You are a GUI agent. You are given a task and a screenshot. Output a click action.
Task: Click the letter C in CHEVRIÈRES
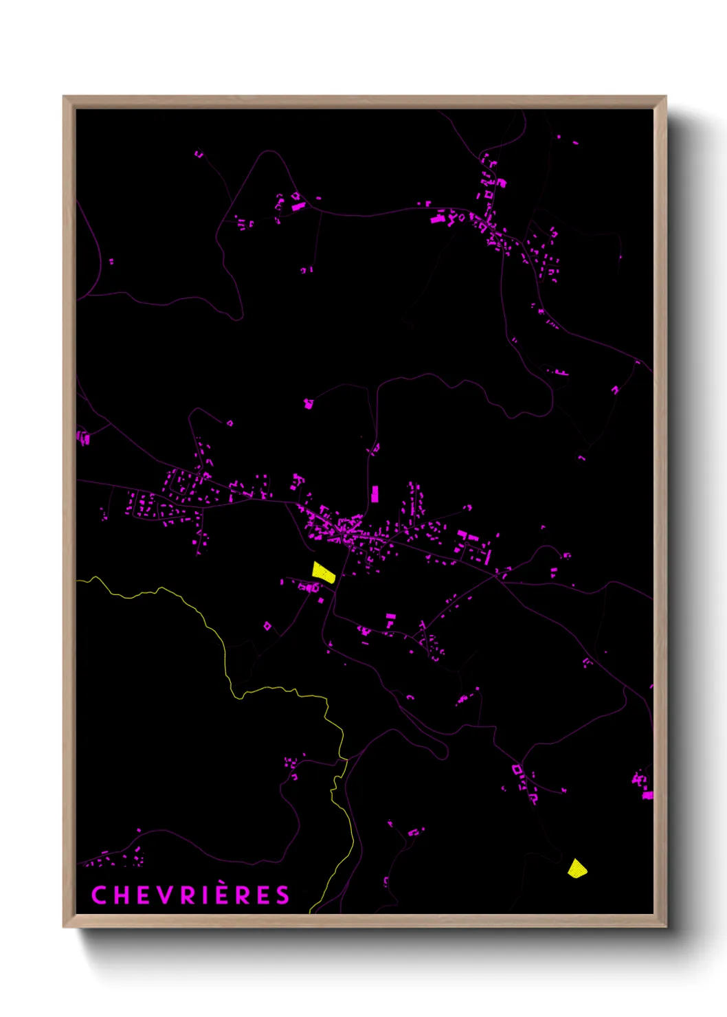[99, 895]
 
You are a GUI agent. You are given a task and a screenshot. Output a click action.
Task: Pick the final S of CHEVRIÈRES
[282, 895]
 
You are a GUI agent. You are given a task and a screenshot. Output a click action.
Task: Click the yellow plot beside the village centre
[323, 572]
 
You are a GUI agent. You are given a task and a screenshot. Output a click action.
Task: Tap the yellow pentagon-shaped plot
[577, 869]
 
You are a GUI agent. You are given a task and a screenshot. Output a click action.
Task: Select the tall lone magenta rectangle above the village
[374, 494]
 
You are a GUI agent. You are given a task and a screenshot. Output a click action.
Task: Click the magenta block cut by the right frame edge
[648, 795]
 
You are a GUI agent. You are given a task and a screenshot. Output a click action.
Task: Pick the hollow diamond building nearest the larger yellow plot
[267, 626]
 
